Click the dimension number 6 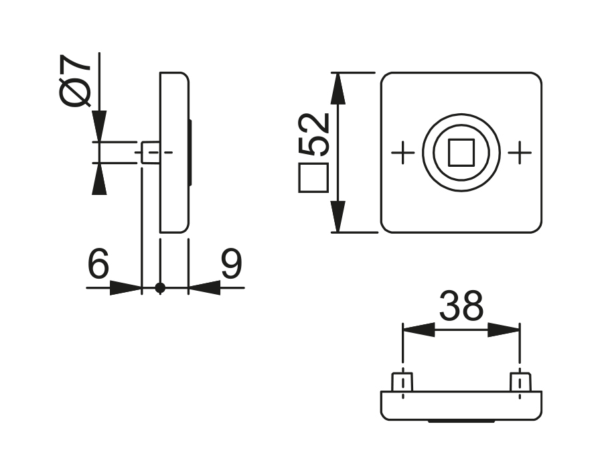click(98, 265)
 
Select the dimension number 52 click(314, 134)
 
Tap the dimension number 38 click(461, 307)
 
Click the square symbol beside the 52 click(313, 178)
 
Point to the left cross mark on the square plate click(402, 153)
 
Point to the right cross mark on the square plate click(520, 153)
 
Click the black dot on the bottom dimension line click(159, 288)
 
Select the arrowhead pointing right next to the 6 click(126, 288)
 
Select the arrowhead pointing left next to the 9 click(204, 288)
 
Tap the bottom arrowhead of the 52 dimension click(338, 217)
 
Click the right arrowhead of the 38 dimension click(504, 330)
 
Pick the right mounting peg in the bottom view click(520, 383)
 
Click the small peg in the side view click(151, 153)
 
